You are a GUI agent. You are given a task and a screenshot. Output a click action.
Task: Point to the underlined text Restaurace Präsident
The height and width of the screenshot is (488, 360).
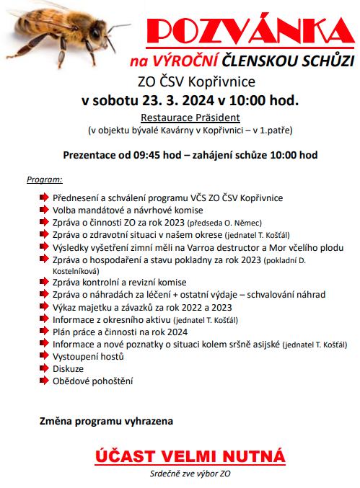pos(190,117)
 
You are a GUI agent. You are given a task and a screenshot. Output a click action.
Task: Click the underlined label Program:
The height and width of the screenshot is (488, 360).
pos(45,178)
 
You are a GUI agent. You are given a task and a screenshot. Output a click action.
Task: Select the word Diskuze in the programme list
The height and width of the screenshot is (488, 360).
pos(69,368)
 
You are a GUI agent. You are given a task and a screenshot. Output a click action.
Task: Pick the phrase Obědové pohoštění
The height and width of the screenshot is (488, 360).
pos(92,381)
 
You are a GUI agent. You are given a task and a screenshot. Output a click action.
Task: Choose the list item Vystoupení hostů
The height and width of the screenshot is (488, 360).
pos(89,356)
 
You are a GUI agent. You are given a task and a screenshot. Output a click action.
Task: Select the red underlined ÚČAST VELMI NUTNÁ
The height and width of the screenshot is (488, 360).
pos(190,457)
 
